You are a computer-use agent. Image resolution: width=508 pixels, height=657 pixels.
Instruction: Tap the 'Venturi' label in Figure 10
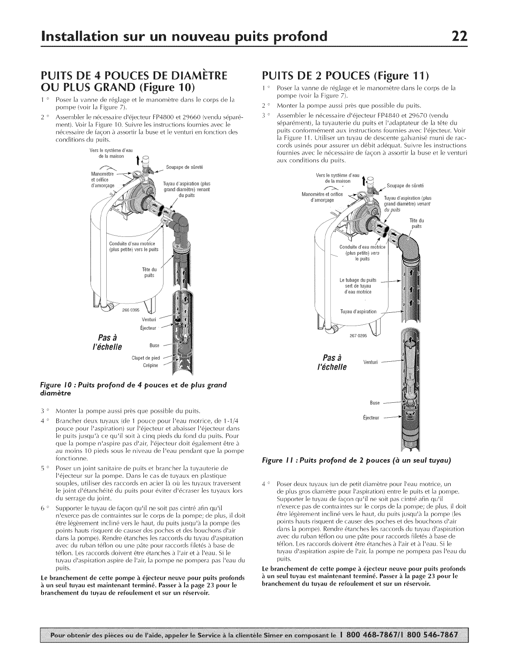pos(148,319)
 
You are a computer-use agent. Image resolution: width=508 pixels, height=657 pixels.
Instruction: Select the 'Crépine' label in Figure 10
pos(149,365)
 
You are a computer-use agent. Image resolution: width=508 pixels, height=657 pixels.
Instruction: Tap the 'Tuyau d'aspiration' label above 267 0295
pos(358,311)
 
